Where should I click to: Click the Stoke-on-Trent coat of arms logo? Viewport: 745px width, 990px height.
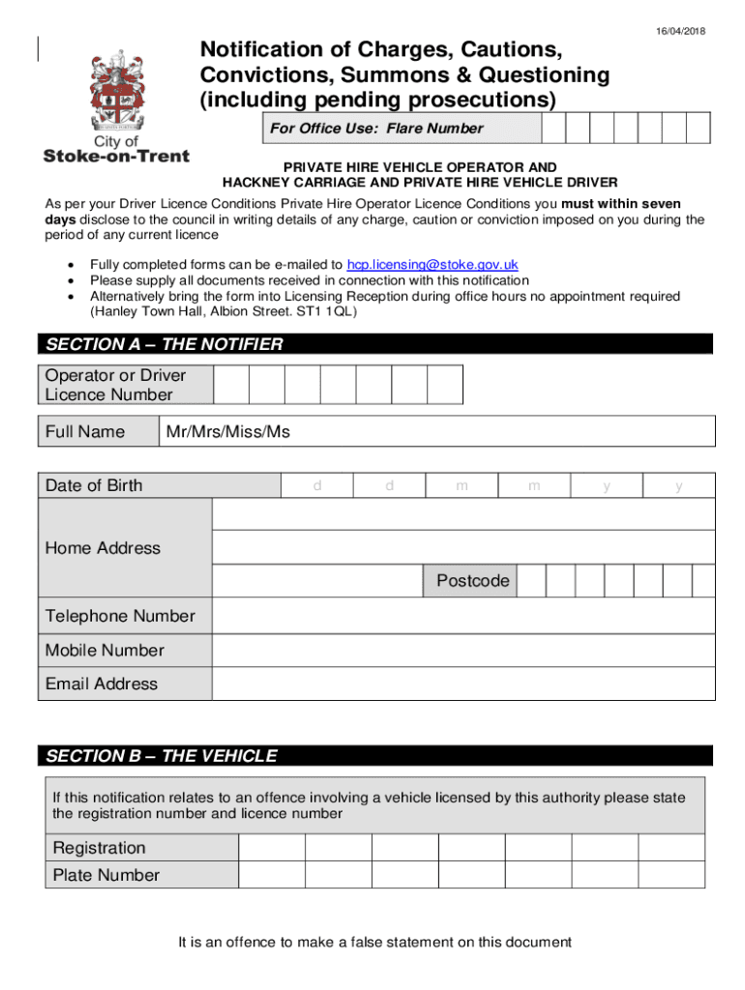pos(115,93)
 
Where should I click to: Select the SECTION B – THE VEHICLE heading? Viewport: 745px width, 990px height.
pos(161,756)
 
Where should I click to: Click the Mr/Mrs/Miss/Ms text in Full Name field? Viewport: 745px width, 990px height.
pos(227,431)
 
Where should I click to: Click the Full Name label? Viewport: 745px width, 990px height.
pos(85,431)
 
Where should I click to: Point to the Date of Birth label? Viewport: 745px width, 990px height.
pos(94,485)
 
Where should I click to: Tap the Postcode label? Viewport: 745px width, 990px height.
pos(472,581)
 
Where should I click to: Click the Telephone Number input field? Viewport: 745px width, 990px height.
pos(462,616)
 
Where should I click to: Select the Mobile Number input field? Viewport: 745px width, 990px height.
pos(462,650)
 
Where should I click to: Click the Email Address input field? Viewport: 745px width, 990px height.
pos(462,684)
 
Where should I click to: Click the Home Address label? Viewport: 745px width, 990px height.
pos(103,548)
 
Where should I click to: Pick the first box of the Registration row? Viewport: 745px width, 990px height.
pos(272,848)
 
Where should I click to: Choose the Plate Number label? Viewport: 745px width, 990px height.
pos(106,875)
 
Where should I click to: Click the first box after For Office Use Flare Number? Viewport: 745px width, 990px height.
pos(553,128)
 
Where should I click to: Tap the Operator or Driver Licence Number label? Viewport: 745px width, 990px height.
pos(115,385)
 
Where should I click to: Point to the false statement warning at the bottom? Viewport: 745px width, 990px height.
pos(375,942)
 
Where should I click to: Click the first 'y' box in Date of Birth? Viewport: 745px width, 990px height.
pos(607,485)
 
